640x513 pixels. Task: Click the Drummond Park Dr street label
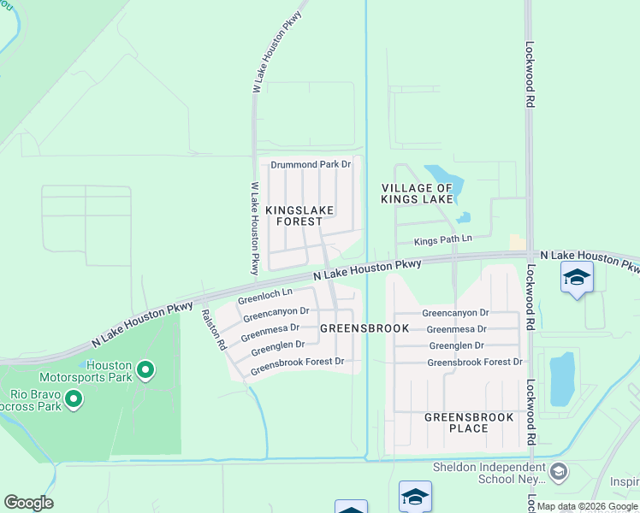coord(311,163)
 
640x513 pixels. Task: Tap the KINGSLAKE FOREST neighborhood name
coord(299,215)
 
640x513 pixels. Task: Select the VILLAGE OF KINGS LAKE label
coord(417,193)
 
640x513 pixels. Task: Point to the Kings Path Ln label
coord(443,241)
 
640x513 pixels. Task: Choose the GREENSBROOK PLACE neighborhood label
coord(469,422)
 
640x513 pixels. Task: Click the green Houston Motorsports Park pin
coord(145,370)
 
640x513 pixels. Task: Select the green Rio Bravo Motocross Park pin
coord(74,398)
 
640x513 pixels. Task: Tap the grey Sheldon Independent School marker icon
coord(558,471)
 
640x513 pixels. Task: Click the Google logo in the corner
coord(28,503)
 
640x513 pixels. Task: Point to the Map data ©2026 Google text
coord(587,507)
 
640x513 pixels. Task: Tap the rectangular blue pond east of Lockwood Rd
coord(561,379)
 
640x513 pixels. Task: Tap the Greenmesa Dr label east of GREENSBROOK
coord(456,328)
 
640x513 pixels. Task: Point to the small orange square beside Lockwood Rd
coord(517,243)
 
